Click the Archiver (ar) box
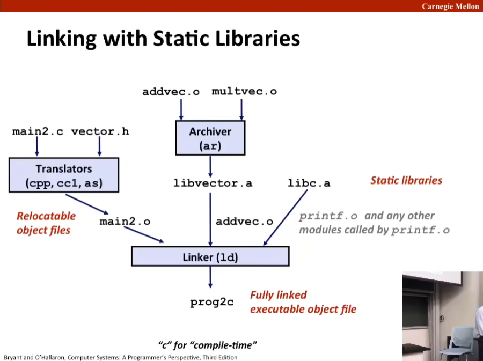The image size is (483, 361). (210, 137)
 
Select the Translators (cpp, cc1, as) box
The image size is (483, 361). (64, 175)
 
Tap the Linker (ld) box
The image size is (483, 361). (210, 256)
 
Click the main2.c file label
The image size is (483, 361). (38, 131)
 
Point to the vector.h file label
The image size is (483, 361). (100, 131)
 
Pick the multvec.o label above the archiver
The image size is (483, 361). (244, 91)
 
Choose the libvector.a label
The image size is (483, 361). (213, 183)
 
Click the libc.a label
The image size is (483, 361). (309, 183)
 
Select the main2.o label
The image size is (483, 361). (125, 222)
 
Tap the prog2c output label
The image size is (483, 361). (212, 302)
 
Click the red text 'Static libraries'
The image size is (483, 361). (406, 180)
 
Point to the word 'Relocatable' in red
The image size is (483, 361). (46, 216)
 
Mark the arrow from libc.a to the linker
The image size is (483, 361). (286, 217)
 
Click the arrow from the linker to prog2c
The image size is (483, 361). (210, 277)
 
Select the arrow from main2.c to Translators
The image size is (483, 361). (37, 146)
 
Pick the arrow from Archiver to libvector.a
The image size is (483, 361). (210, 166)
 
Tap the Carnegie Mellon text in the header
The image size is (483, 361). (450, 6)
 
